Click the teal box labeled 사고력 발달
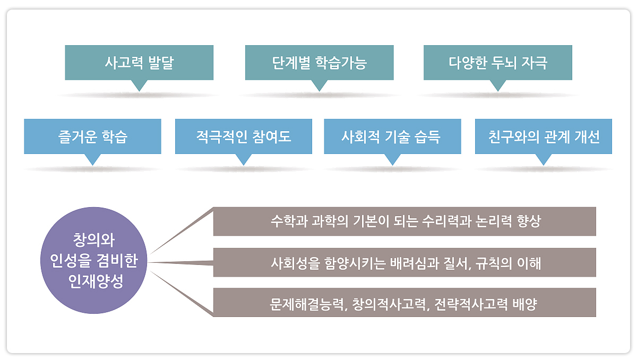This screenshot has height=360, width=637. coord(139,63)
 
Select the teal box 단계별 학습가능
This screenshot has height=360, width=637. coord(320,63)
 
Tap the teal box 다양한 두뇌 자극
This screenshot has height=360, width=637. coord(498,63)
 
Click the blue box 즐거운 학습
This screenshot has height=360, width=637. coord(92,136)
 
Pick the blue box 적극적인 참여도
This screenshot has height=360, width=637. coord(244,136)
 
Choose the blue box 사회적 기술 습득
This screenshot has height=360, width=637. coord(392,136)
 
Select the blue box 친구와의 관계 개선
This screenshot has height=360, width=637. coord(544,136)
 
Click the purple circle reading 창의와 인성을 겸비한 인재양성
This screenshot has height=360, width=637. coord(94,261)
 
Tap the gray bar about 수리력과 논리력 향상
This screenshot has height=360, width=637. coord(404,221)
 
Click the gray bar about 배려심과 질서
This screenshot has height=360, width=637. coord(404,262)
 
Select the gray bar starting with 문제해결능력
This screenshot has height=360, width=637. coord(404,302)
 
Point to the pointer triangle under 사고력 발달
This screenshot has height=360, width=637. coord(139,85)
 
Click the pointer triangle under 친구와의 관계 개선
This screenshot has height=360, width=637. coord(544,159)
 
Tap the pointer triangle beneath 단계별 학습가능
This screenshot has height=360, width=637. coord(320,85)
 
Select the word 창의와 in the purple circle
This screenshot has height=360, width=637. coord(94,240)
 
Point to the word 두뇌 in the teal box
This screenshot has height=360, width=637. coord(504,63)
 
